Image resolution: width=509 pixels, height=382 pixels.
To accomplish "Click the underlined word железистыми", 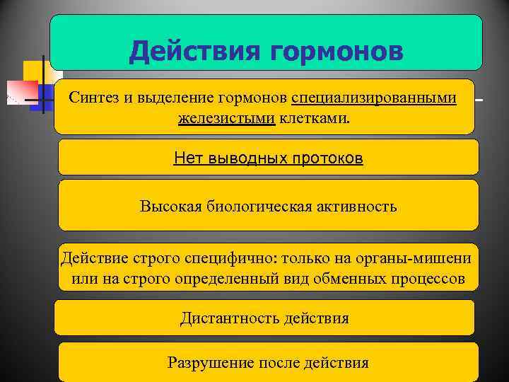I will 227,118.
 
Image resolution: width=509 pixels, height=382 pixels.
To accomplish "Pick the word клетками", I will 314,118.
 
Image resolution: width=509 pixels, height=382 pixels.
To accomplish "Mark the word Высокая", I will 170,207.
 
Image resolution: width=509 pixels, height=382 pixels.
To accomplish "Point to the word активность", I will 358,207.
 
